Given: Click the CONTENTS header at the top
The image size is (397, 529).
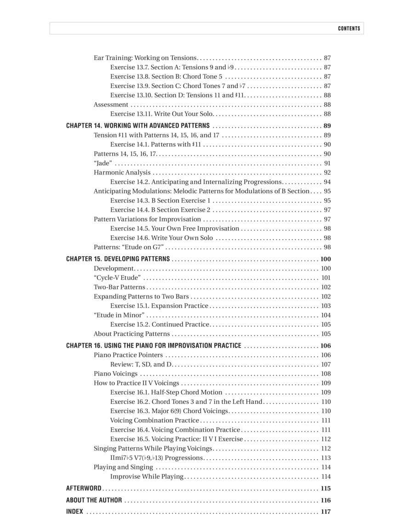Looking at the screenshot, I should click(349, 28).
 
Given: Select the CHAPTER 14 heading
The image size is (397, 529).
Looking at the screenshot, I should click(138, 126).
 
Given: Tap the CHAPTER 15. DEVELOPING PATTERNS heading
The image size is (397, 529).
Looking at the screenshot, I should click(118, 259).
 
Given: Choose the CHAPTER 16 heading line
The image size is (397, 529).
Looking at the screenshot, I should click(153, 346).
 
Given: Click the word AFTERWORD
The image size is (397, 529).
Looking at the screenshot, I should click(84, 489).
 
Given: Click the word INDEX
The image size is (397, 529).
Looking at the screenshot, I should click(75, 512).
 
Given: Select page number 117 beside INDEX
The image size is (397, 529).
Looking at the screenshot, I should click(325, 512).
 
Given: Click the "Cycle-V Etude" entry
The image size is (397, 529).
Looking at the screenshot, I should click(117, 278).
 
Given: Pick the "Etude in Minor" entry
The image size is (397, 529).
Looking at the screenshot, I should click(119, 315).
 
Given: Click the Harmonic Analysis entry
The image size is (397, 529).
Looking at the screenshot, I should click(122, 173).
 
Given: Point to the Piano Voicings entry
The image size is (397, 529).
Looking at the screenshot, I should click(115, 374).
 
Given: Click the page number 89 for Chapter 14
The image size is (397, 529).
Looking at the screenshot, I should click(327, 126).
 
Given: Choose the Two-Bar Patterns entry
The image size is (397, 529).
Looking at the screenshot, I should click(119, 287).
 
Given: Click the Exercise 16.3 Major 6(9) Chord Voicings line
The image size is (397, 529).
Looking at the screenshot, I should click(169, 411).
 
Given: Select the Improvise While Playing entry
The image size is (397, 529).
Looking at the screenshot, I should click(147, 477).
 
